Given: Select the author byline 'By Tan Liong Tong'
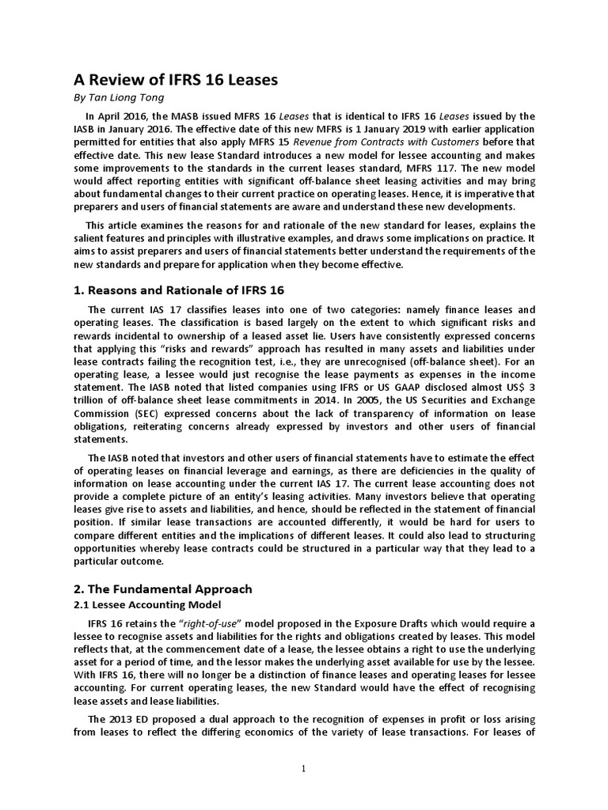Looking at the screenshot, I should coord(120,99).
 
